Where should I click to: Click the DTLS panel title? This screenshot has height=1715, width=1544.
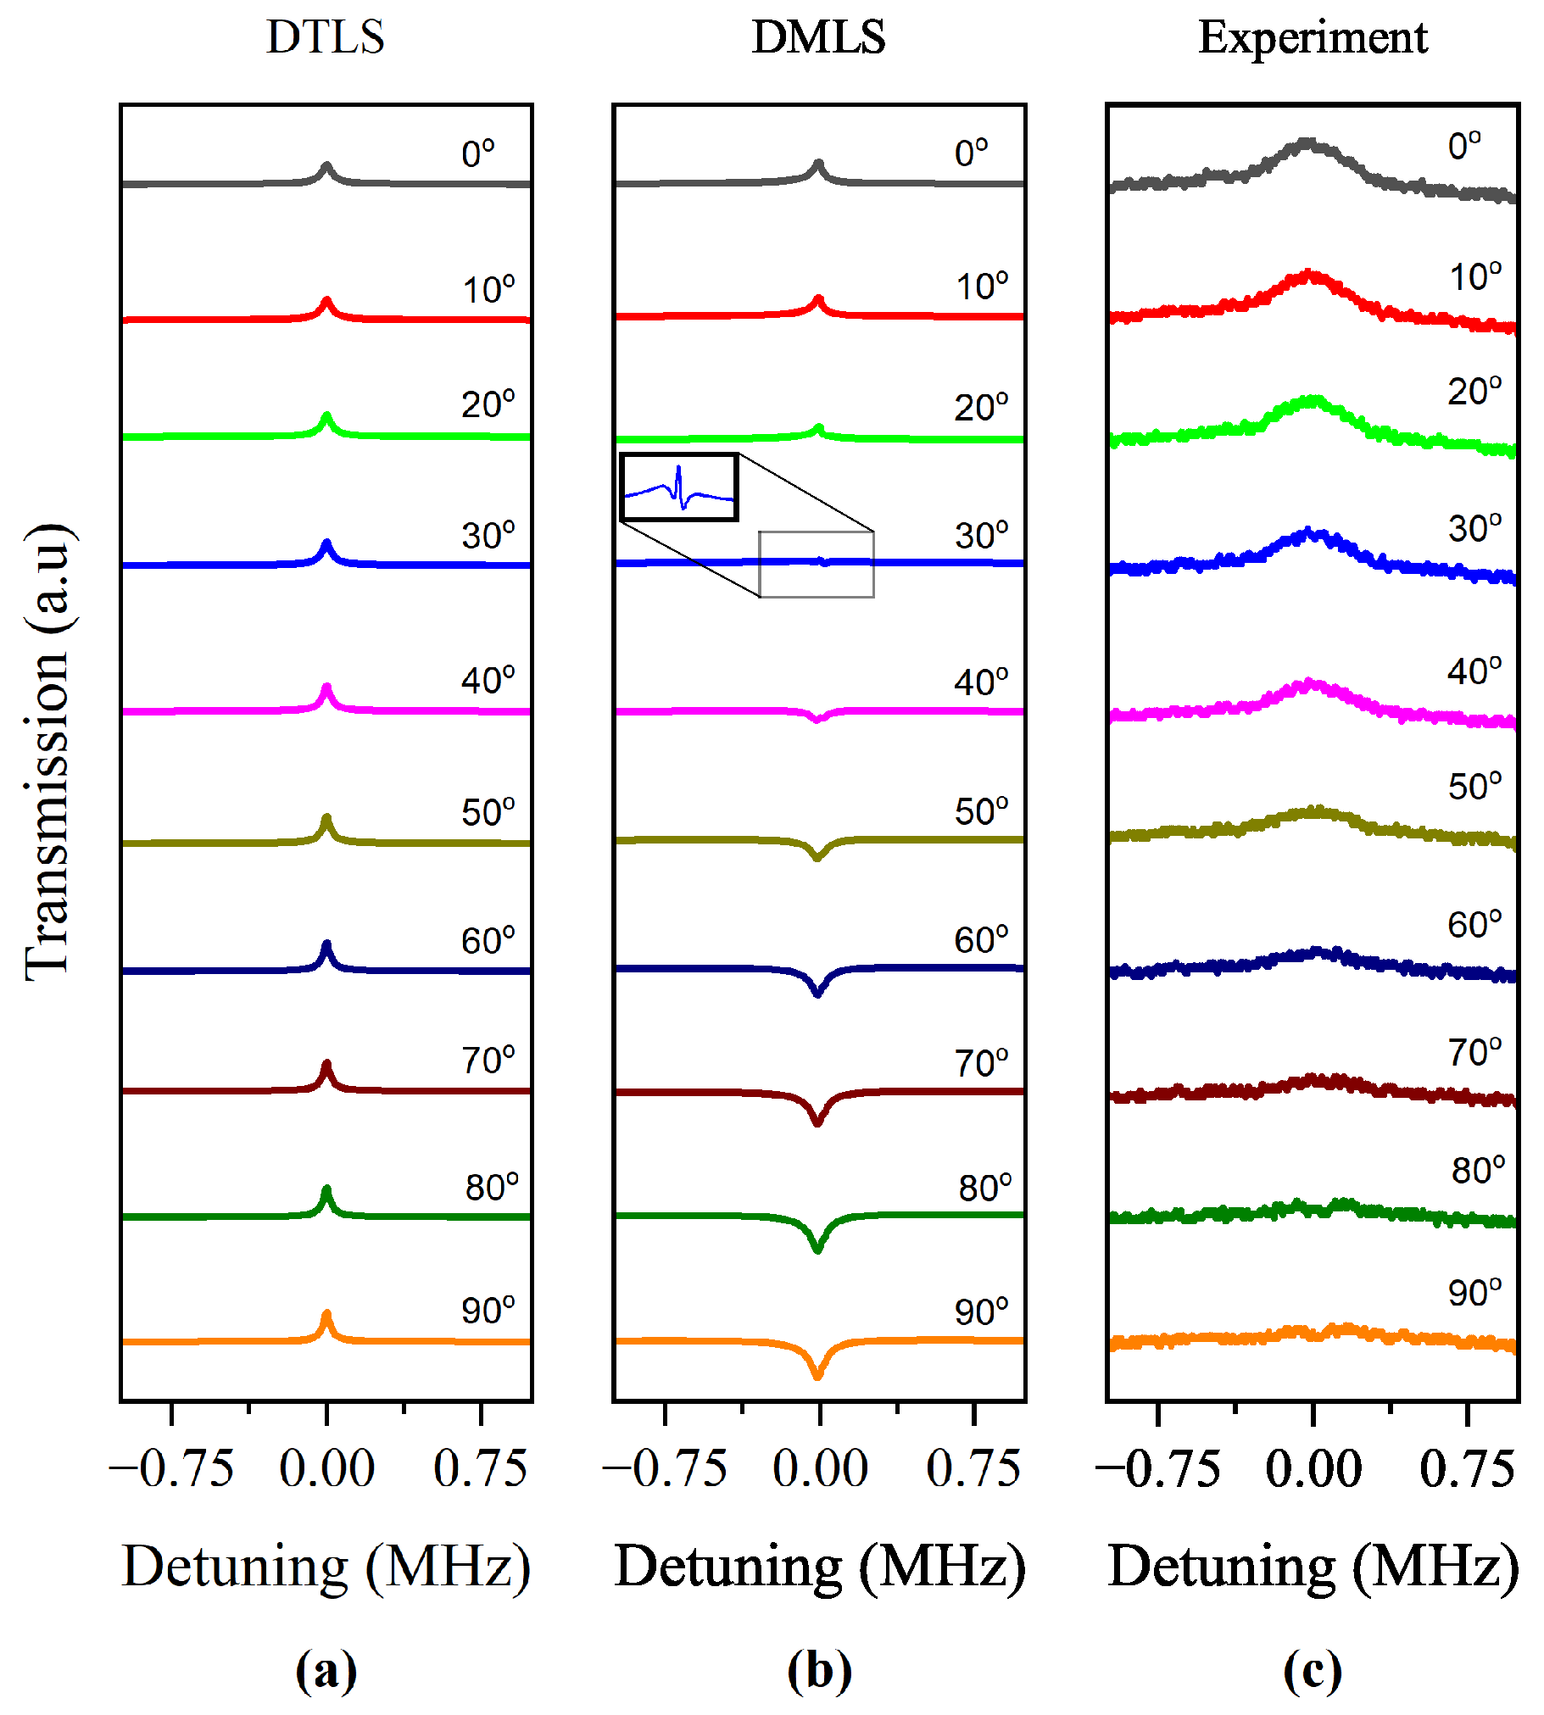click(326, 37)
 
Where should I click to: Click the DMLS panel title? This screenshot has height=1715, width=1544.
click(819, 37)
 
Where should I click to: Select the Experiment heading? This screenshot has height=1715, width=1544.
click(1313, 37)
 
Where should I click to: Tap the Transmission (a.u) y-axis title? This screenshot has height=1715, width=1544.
click(48, 751)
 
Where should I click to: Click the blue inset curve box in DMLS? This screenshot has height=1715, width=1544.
click(678, 487)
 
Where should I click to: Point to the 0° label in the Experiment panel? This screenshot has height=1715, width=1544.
click(1465, 146)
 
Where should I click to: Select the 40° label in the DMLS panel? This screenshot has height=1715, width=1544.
click(982, 682)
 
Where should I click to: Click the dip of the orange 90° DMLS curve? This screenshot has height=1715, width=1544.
click(818, 1375)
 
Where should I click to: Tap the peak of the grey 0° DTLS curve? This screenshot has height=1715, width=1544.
click(326, 166)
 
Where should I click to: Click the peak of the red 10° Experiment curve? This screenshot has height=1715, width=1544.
click(1311, 275)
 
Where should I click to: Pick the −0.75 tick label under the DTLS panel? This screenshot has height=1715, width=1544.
click(171, 1470)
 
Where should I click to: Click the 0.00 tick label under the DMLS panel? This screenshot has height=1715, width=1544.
click(820, 1470)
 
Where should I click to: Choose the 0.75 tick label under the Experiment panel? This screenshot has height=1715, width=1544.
click(1467, 1470)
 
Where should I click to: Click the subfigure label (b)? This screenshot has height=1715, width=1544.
click(819, 1672)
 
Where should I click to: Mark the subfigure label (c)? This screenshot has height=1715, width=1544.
click(1313, 1672)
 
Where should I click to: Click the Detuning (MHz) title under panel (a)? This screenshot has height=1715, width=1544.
click(326, 1567)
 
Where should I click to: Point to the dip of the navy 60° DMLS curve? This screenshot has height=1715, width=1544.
click(818, 994)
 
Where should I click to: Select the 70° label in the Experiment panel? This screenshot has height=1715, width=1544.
click(1474, 1053)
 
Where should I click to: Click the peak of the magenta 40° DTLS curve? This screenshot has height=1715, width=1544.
click(326, 688)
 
